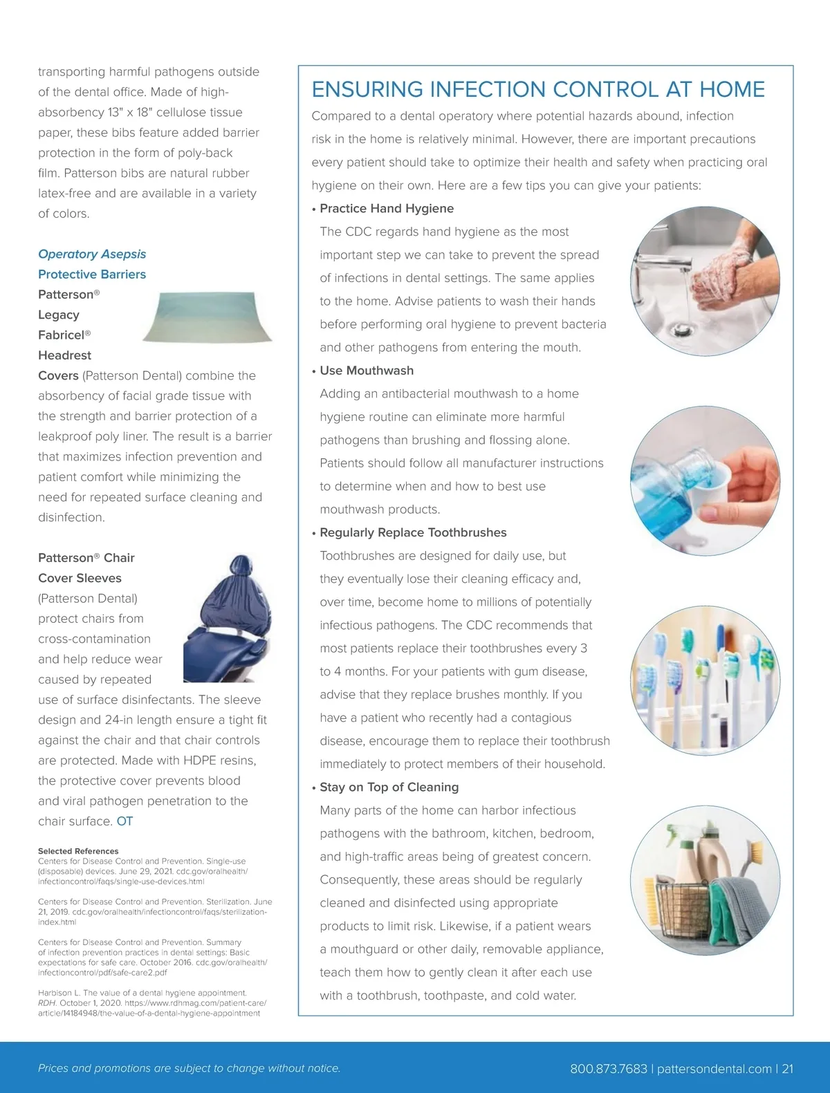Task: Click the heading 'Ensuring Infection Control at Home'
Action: point(538,90)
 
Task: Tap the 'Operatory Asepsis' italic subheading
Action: point(92,254)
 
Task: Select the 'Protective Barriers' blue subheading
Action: point(92,274)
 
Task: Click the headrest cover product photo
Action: point(208,317)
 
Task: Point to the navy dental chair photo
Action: point(229,619)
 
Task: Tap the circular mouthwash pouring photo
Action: point(705,480)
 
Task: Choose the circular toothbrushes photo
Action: point(705,680)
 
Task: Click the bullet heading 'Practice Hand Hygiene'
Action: point(387,209)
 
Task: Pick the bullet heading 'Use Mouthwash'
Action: point(367,371)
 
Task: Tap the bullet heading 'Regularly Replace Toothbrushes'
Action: point(413,532)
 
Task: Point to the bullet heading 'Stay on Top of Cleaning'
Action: point(389,787)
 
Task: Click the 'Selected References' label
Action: point(78,851)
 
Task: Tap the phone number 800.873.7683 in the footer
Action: point(609,1069)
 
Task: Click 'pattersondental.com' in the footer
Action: point(714,1069)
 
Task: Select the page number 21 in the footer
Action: point(787,1069)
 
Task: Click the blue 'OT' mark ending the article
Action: point(124,821)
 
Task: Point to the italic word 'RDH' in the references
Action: point(47,1003)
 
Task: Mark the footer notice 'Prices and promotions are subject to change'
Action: point(189,1068)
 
